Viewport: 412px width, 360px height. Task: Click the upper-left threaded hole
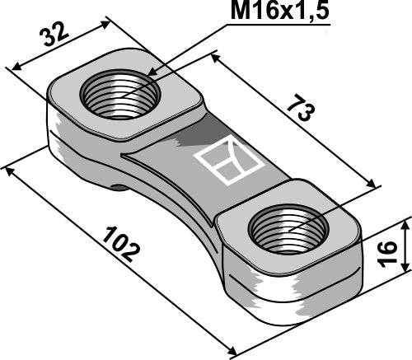tap(120, 97)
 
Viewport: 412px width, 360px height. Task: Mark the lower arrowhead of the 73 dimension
tap(375, 187)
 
